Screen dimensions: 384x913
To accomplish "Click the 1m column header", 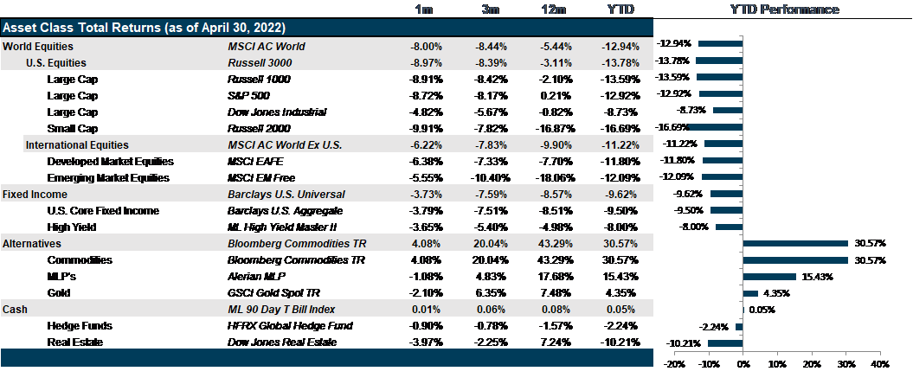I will [425, 10].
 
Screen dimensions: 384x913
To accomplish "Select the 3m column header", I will [492, 10].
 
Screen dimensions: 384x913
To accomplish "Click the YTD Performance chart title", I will [784, 10].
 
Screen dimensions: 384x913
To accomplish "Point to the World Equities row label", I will [38, 46].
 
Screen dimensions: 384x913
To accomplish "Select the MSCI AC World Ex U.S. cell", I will [284, 145].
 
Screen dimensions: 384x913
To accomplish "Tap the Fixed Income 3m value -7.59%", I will [492, 195].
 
